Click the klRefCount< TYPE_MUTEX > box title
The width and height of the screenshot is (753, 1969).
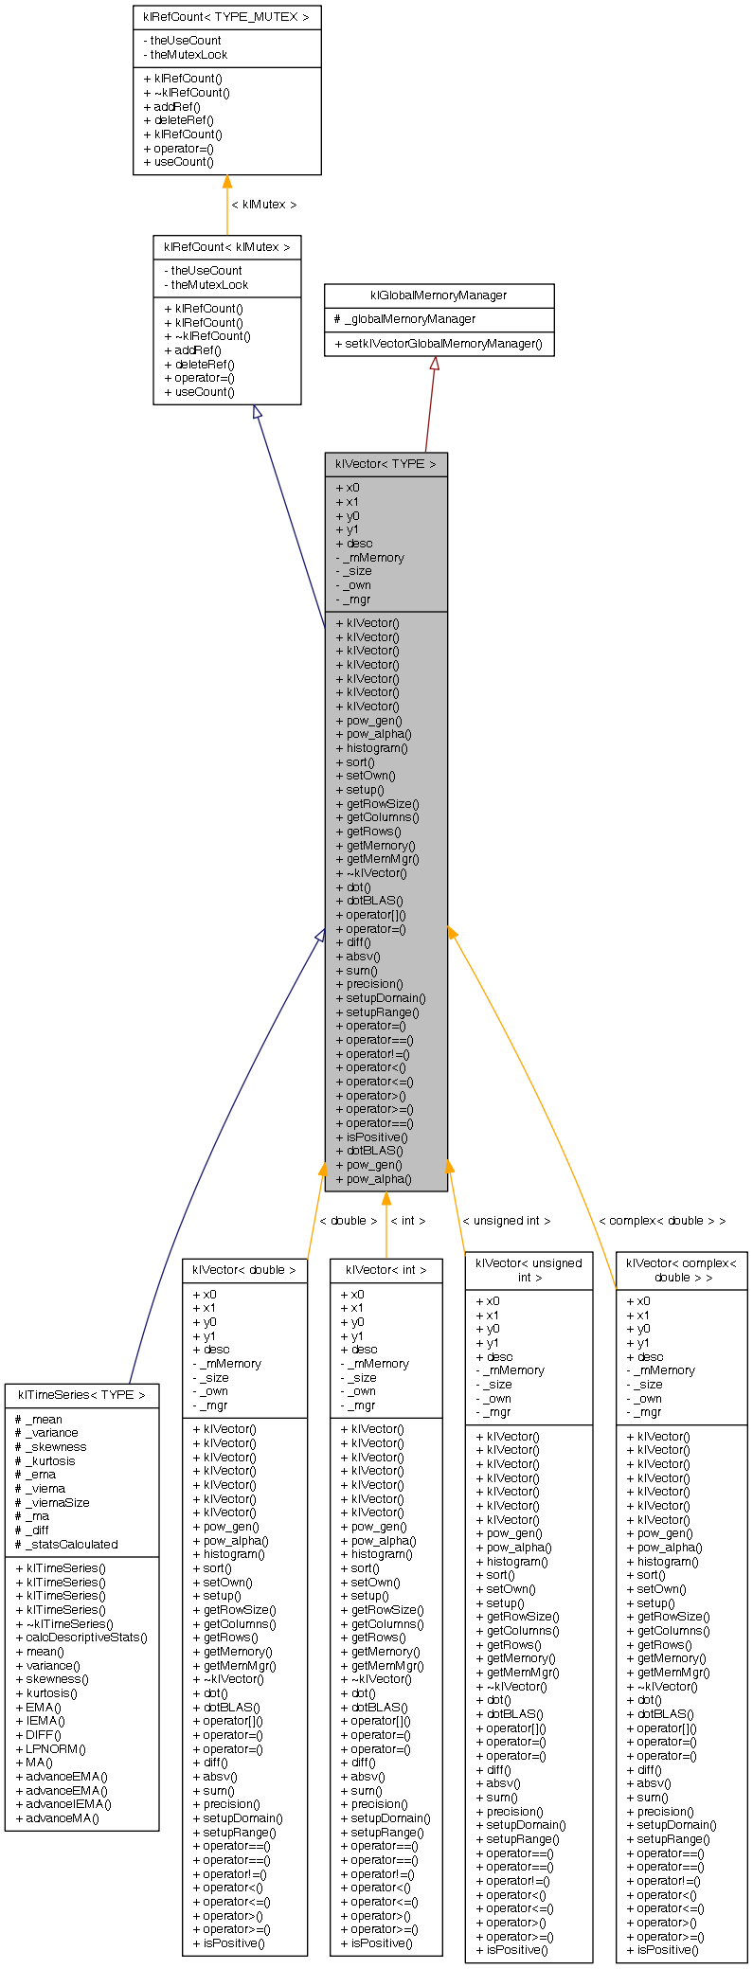coord(226,17)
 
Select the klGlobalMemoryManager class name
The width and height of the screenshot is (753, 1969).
coord(439,295)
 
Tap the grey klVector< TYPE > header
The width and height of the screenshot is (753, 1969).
coord(385,464)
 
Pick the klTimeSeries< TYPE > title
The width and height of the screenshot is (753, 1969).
coord(81,1395)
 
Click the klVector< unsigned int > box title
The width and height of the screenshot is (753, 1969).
coord(529,1269)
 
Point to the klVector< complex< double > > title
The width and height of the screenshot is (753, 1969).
coord(681,1269)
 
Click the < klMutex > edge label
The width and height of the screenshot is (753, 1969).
coord(263,205)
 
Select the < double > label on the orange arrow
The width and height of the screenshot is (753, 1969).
coord(348,1221)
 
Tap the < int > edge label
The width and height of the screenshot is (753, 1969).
coord(408,1221)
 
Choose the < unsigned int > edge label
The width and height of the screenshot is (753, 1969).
coord(506,1221)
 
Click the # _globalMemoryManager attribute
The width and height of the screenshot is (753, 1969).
coord(404,319)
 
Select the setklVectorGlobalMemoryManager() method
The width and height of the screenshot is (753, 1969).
coord(439,344)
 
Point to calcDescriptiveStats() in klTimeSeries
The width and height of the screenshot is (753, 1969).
coord(81,1638)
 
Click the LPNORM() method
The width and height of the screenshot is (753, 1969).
coord(50,1748)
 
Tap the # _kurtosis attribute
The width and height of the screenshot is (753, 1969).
coord(45,1460)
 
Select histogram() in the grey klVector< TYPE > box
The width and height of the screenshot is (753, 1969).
coord(371,748)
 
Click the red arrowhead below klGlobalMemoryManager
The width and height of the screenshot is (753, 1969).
coord(434,364)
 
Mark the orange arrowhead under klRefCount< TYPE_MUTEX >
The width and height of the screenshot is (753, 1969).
coord(226,182)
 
